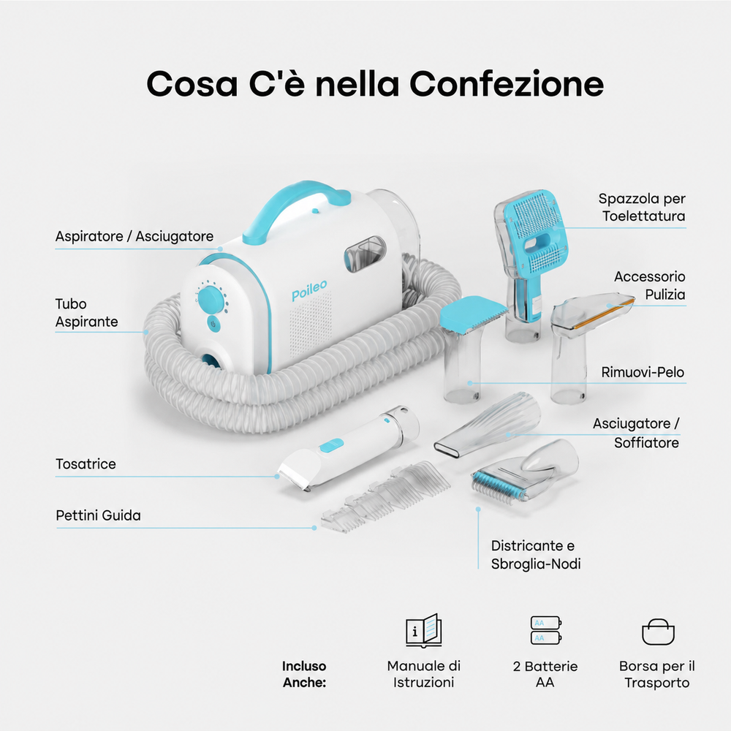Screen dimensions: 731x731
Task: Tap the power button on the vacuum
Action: pyautogui.click(x=213, y=324)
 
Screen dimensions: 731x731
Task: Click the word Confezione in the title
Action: pyautogui.click(x=507, y=84)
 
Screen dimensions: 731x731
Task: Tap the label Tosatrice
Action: pyautogui.click(x=86, y=464)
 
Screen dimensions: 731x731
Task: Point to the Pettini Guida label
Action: pyautogui.click(x=99, y=515)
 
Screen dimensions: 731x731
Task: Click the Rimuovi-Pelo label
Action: pyautogui.click(x=643, y=372)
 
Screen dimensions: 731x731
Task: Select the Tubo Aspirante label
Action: pyautogui.click(x=87, y=313)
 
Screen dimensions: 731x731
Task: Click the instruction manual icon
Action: pyautogui.click(x=423, y=631)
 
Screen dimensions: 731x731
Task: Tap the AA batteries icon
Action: pyautogui.click(x=546, y=630)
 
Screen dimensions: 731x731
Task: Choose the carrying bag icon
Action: pyautogui.click(x=658, y=632)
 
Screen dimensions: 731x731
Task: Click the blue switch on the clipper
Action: pyautogui.click(x=331, y=446)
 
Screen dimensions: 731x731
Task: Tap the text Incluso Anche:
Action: pyautogui.click(x=304, y=674)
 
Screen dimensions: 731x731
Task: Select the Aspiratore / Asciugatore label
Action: pyautogui.click(x=135, y=236)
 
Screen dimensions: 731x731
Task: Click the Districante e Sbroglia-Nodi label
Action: pyautogui.click(x=536, y=555)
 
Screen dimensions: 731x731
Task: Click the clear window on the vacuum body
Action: pyautogui.click(x=365, y=254)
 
